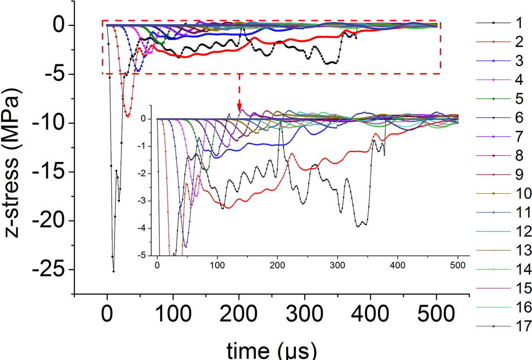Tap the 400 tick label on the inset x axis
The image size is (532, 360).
click(398, 264)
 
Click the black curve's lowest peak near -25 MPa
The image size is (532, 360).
click(114, 271)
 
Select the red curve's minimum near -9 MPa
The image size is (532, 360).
click(128, 116)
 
